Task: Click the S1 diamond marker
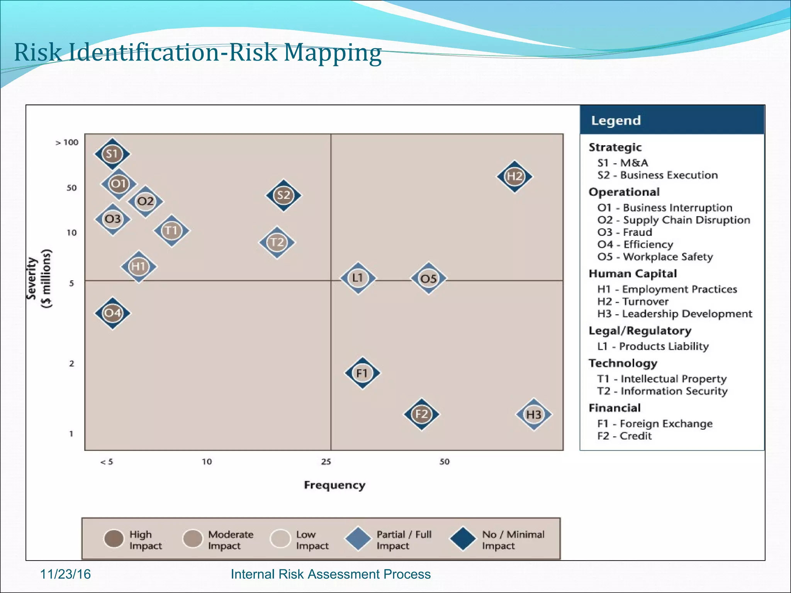(112, 154)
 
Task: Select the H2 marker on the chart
(514, 176)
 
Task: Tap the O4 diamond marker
(112, 313)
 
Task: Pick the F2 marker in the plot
(421, 414)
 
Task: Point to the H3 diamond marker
(534, 415)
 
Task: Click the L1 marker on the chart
(358, 278)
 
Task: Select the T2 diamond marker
(277, 242)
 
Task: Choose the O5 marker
(428, 278)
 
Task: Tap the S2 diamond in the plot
(283, 195)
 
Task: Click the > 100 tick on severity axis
(67, 142)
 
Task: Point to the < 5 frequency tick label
(107, 462)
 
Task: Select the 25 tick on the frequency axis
(326, 462)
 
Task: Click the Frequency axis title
(334, 485)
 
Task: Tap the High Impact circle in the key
(114, 539)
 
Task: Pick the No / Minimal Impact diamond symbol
(463, 539)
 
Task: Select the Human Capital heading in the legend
(633, 274)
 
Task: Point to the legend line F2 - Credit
(624, 436)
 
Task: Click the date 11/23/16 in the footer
(65, 574)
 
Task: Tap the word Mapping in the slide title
(333, 53)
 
